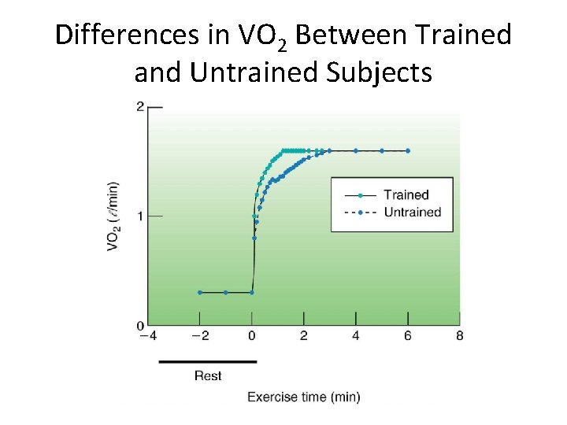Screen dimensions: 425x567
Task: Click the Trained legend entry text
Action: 406,194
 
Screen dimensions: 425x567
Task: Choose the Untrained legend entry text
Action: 412,212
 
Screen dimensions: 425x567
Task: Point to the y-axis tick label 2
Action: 139,106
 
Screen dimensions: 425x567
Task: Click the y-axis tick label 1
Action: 139,216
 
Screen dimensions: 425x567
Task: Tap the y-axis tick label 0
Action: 139,325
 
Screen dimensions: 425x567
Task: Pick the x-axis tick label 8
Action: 460,336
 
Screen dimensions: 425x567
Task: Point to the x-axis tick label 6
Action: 408,336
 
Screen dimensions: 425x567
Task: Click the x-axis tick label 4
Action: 356,336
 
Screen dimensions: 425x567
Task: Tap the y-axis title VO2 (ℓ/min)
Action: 113,216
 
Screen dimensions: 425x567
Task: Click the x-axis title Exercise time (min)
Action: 304,397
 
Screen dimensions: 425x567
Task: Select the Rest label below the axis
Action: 208,375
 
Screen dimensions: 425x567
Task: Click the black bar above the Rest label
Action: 208,362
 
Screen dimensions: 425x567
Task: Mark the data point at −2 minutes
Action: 200,292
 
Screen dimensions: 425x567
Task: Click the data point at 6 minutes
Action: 408,150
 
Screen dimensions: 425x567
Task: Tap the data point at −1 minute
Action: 226,292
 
